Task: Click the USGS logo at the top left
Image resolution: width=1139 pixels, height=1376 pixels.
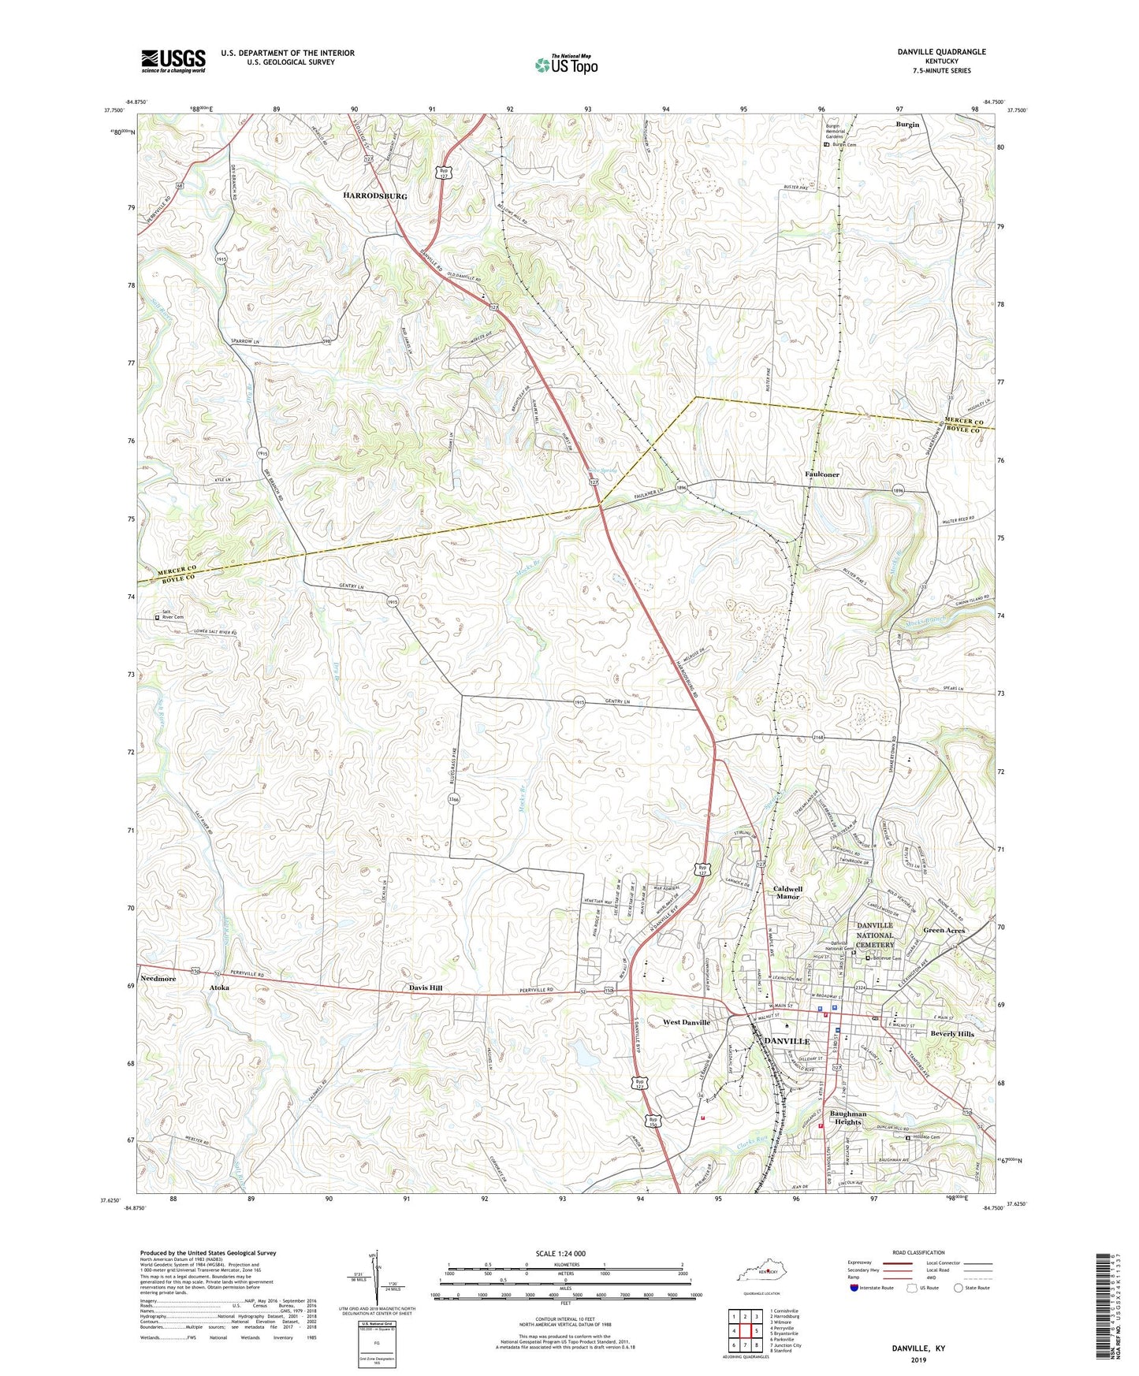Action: pyautogui.click(x=173, y=61)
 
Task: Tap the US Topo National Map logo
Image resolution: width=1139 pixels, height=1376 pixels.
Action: pyautogui.click(x=565, y=64)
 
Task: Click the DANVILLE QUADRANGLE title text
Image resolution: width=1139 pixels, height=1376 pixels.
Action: pyautogui.click(x=941, y=52)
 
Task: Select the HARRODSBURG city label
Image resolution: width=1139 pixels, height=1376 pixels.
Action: pyautogui.click(x=374, y=195)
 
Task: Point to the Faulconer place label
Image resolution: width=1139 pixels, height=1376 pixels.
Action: pyautogui.click(x=822, y=474)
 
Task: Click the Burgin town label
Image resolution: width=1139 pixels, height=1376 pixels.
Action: pyautogui.click(x=907, y=125)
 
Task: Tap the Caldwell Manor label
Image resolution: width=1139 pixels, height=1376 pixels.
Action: pyautogui.click(x=787, y=892)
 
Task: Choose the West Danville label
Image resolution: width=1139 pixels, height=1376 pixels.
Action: pyautogui.click(x=687, y=1022)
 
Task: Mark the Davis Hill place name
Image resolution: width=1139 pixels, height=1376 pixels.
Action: pyautogui.click(x=426, y=987)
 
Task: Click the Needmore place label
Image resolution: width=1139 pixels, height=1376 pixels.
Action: pyautogui.click(x=158, y=978)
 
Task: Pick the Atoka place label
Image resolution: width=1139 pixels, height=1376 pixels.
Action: pyautogui.click(x=219, y=987)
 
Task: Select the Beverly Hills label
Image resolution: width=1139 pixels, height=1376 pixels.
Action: pyautogui.click(x=952, y=1033)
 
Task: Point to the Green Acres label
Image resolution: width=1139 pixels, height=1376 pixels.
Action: pyautogui.click(x=944, y=930)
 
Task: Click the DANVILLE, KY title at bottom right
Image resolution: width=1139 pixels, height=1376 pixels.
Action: pyautogui.click(x=918, y=1348)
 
